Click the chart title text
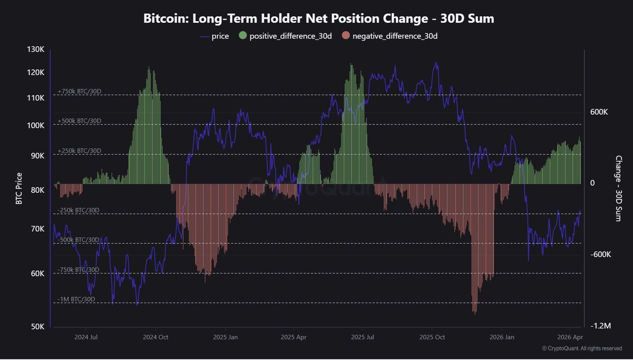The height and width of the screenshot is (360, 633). (x=319, y=18)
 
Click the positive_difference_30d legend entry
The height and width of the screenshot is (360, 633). (x=285, y=36)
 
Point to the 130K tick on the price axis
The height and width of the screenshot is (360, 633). (x=35, y=50)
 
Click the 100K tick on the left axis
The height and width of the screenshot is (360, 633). (x=35, y=126)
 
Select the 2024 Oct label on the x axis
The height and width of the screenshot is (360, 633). (x=156, y=337)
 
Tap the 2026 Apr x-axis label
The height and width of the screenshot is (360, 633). (x=570, y=337)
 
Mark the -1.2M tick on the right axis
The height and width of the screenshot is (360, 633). (x=600, y=326)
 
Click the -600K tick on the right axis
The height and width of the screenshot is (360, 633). (x=600, y=254)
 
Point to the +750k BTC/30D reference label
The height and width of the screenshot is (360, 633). (x=79, y=92)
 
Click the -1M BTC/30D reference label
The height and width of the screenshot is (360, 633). (x=76, y=299)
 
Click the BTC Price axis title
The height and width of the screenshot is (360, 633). (x=19, y=188)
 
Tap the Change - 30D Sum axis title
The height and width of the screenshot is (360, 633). (x=619, y=188)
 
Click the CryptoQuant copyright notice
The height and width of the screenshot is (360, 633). (x=582, y=348)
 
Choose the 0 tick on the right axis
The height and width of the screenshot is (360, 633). (x=593, y=183)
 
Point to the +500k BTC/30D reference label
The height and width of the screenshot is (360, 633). (x=79, y=121)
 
